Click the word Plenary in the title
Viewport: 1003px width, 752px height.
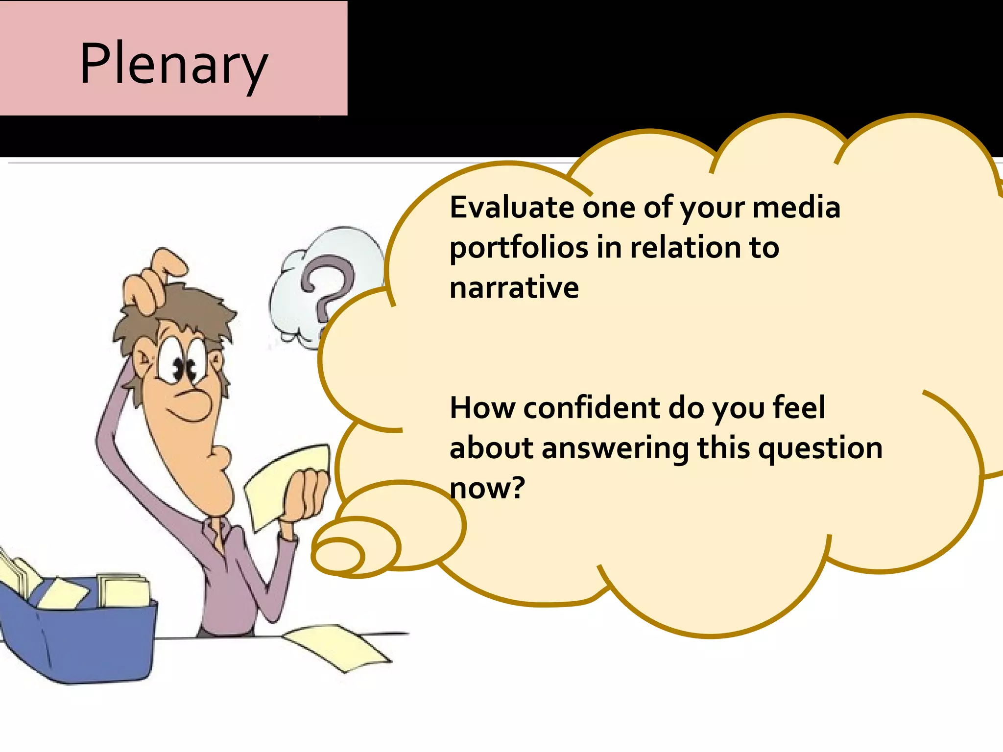174,64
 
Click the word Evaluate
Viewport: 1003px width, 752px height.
512,207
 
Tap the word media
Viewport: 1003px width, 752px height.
796,207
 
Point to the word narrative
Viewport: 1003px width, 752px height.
514,287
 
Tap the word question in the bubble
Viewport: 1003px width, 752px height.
820,449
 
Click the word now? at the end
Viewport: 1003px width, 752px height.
487,488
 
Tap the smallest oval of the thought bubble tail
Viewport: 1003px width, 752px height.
338,556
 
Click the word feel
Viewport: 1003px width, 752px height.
798,408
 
